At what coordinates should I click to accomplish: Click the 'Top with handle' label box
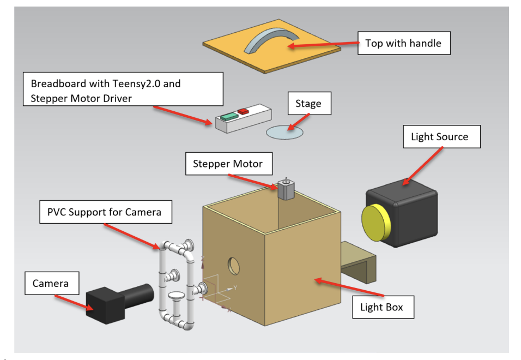(x=403, y=43)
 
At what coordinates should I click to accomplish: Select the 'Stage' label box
(x=308, y=103)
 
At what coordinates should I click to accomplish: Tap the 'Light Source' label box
(x=440, y=136)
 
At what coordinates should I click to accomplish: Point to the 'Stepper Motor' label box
(x=227, y=164)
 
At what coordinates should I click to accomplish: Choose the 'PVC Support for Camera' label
(x=106, y=212)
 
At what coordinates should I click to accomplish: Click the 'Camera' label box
(x=51, y=283)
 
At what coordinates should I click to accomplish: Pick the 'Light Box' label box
(x=381, y=307)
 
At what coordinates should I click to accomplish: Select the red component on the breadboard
(x=243, y=111)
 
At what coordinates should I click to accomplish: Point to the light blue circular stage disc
(x=284, y=131)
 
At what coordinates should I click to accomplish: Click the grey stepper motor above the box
(x=286, y=189)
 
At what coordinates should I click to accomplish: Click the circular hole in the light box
(x=234, y=265)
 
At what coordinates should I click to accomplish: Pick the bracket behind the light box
(x=358, y=262)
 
